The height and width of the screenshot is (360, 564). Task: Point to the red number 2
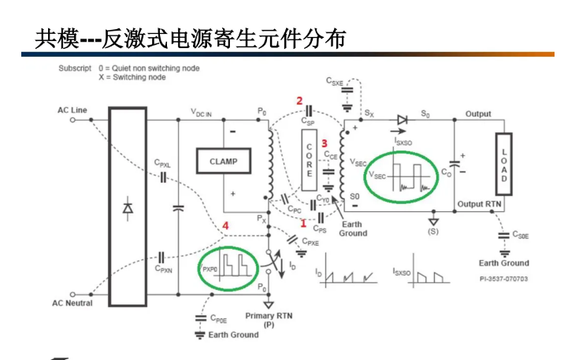tap(299, 101)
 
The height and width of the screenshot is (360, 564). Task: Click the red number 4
tap(227, 227)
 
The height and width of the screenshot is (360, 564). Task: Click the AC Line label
tap(72, 110)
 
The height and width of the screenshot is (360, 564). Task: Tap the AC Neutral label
tap(72, 303)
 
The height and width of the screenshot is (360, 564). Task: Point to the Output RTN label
tap(479, 205)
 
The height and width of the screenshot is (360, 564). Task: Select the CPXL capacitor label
tap(163, 165)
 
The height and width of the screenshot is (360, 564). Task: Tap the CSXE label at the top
tap(335, 81)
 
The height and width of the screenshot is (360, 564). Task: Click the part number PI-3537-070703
tap(503, 279)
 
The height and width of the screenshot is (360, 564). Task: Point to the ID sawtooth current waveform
tap(347, 272)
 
